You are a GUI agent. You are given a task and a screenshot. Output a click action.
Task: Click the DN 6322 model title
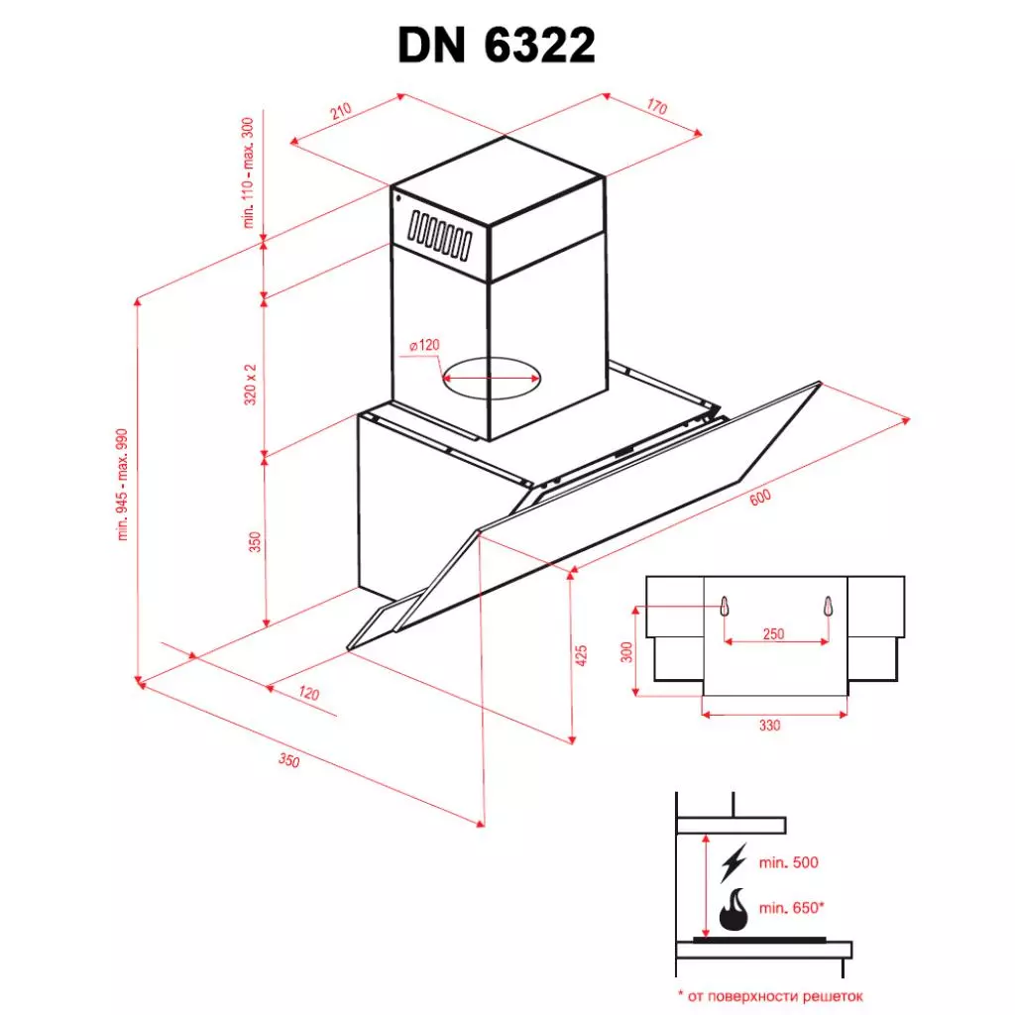[x=497, y=45]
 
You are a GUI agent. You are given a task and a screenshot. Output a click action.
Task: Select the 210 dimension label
[x=341, y=112]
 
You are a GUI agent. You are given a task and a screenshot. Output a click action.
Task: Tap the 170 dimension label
[x=656, y=107]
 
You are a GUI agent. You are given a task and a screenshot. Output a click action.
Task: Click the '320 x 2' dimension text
[x=251, y=383]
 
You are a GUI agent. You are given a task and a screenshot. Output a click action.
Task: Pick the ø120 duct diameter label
[x=423, y=346]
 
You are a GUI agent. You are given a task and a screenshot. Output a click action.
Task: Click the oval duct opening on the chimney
[x=493, y=379]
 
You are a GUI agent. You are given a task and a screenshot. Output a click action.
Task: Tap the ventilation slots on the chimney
[x=437, y=234]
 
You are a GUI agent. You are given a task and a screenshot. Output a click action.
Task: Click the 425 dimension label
[x=582, y=655]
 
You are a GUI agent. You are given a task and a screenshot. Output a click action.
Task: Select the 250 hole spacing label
[x=774, y=634]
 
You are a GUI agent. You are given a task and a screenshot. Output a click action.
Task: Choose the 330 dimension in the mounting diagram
[x=770, y=726]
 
